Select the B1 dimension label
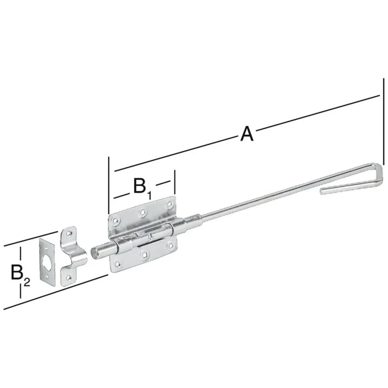[x=142, y=187]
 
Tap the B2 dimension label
[x=19, y=274]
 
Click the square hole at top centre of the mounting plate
[x=143, y=211]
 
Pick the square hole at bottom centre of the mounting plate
[x=144, y=255]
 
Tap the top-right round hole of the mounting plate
[x=169, y=203]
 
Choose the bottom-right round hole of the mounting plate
[x=170, y=245]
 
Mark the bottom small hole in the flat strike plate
[x=48, y=278]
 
